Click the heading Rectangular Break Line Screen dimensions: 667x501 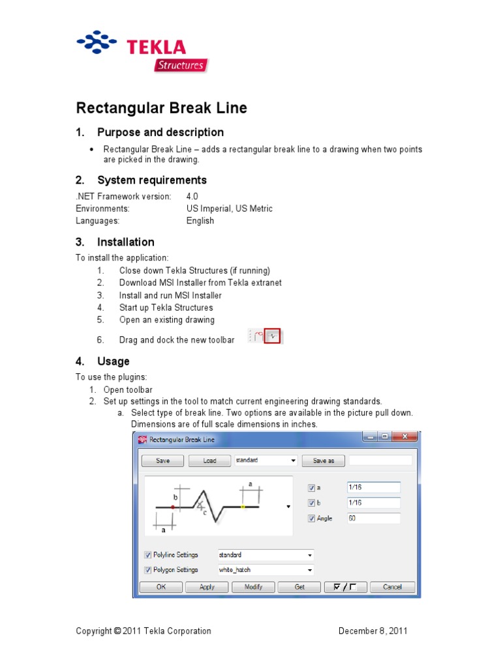pyautogui.click(x=162, y=108)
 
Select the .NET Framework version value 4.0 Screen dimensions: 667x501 pyautogui.click(x=192, y=196)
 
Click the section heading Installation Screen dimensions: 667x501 pyautogui.click(x=125, y=242)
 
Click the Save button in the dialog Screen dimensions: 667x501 pyautogui.click(x=162, y=461)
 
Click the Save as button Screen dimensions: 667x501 pyautogui.click(x=324, y=461)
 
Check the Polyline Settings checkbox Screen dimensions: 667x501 pyautogui.click(x=147, y=555)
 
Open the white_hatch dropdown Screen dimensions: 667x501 pyautogui.click(x=310, y=570)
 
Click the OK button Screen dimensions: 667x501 pyautogui.click(x=160, y=587)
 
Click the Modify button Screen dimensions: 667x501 pyautogui.click(x=253, y=587)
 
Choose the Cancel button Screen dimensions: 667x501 pyautogui.click(x=392, y=587)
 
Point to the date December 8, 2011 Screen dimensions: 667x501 pyautogui.click(x=373, y=631)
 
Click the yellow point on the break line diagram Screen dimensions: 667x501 pyautogui.click(x=243, y=506)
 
